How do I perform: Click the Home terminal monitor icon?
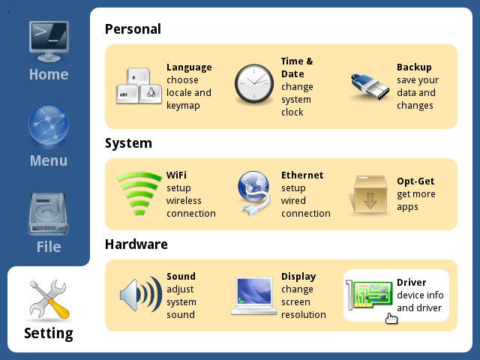pos(49,41)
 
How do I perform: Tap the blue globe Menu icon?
pos(49,125)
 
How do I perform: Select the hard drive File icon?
pos(48,214)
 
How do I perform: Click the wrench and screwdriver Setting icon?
pos(49,300)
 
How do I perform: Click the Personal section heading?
pos(133,29)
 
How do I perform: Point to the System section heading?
pos(128,143)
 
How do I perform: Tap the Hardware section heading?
pos(136,244)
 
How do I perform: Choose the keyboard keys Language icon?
pos(139,86)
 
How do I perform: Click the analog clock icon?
pos(254,83)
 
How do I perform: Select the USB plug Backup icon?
pos(370,87)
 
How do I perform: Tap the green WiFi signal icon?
pos(139,193)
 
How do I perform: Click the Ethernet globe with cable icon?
pos(253,193)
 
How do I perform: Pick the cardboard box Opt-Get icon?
pos(369,195)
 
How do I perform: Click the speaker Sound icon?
pos(141,295)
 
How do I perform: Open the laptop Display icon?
pos(253,295)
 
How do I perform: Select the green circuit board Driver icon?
pos(369,295)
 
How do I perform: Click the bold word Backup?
pos(414,67)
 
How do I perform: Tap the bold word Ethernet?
pos(302,175)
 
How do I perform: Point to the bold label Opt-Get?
pos(415,181)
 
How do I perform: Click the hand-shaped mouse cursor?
pos(391,318)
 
